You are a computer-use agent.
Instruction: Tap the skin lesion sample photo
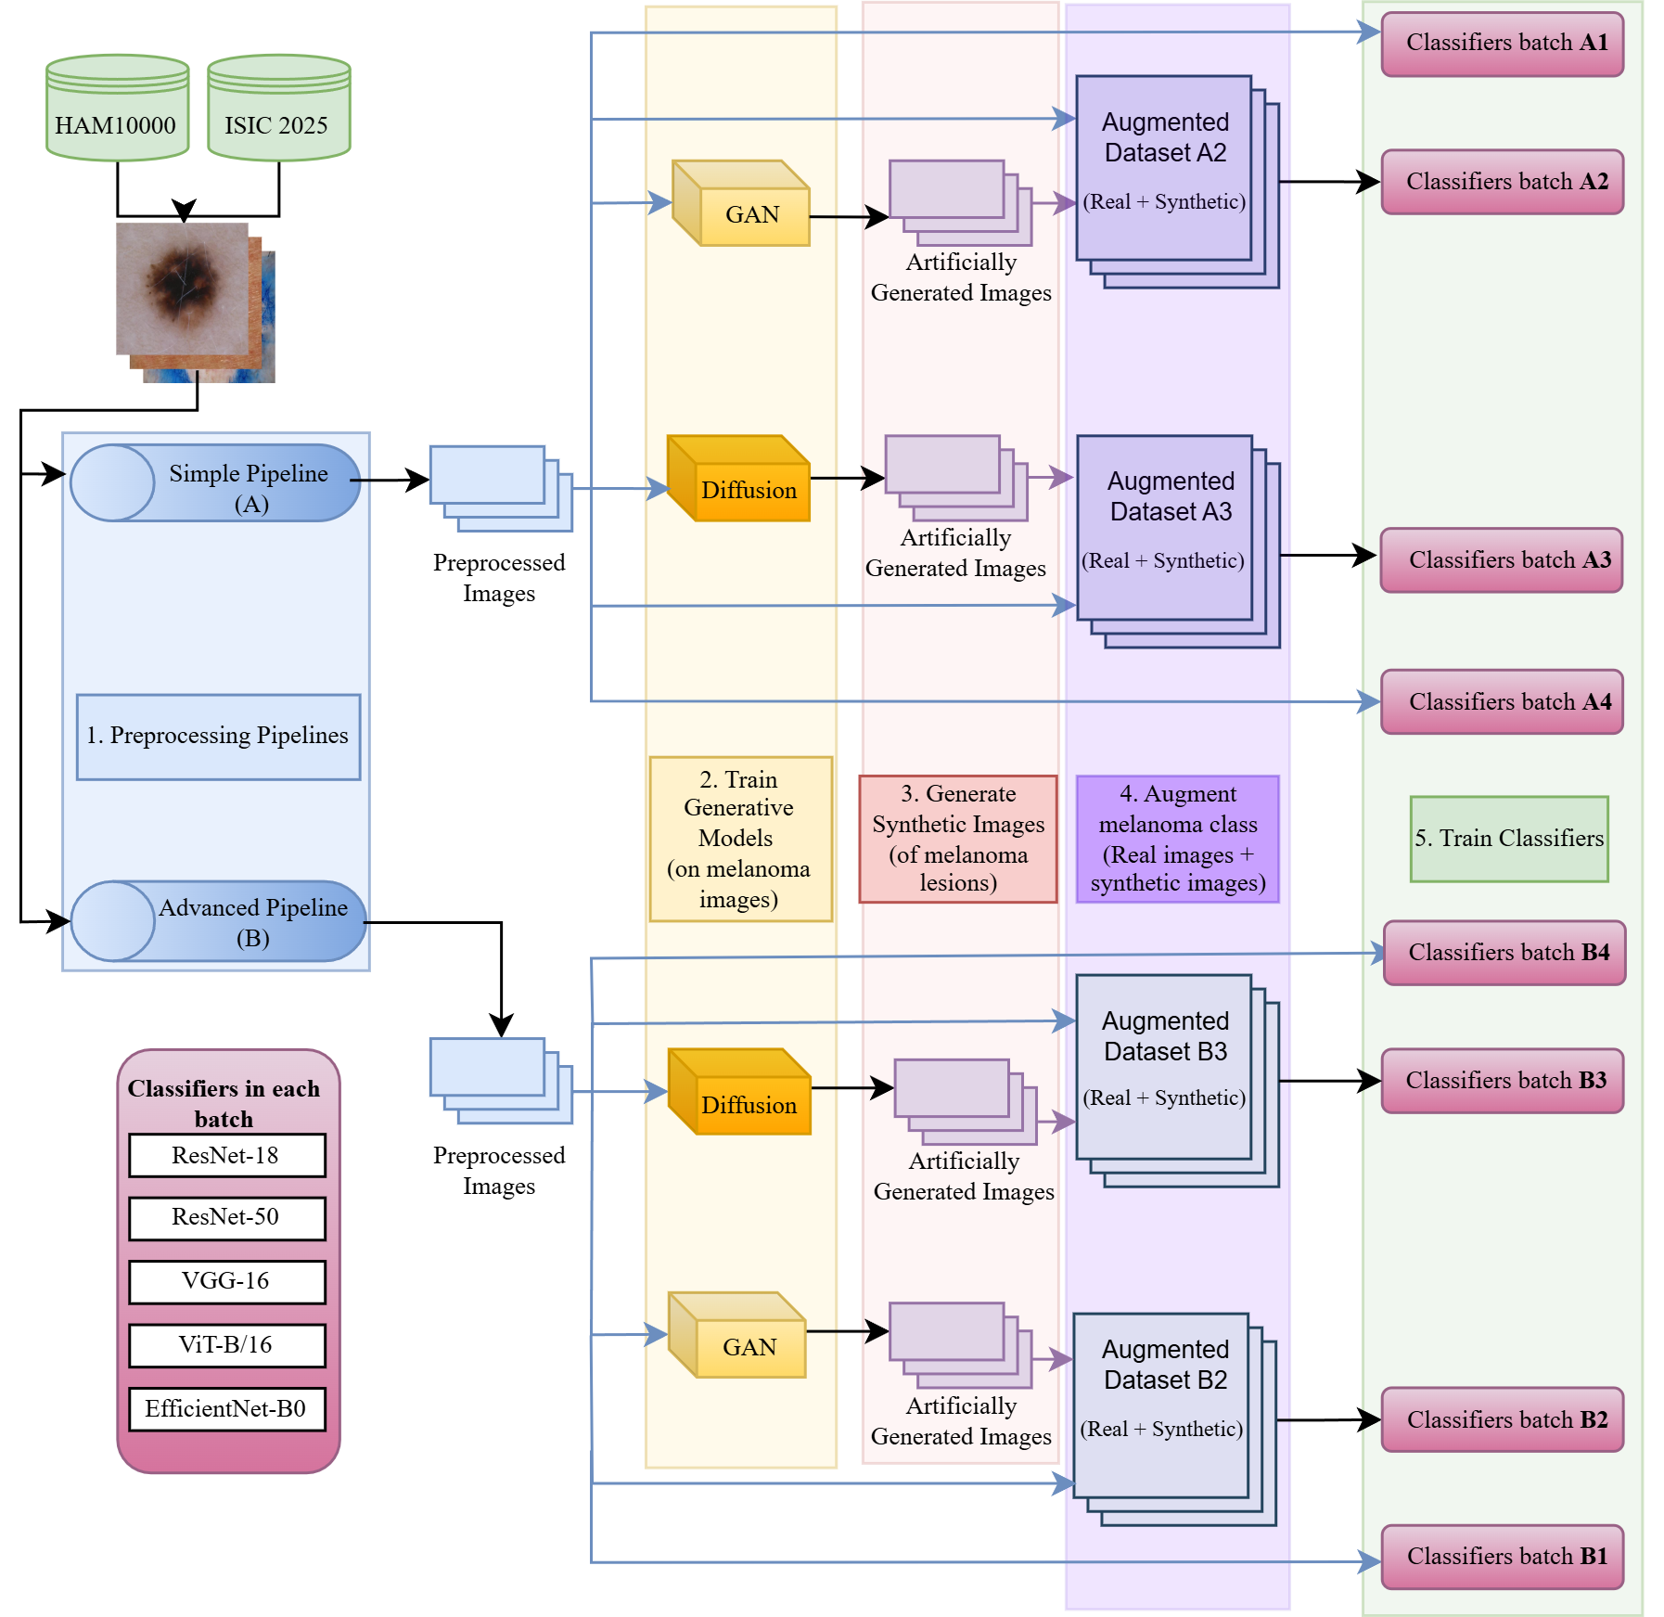pos(186,292)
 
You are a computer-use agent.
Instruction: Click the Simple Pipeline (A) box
pos(215,483)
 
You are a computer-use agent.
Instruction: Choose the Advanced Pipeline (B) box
pos(219,921)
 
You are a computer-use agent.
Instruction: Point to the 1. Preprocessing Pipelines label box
pos(219,737)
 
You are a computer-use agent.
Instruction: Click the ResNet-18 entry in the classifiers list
pos(227,1156)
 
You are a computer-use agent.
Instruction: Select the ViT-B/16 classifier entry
pos(227,1345)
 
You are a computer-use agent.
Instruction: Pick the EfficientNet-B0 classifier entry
pos(227,1409)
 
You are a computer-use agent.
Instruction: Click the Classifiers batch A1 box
pos(1503,44)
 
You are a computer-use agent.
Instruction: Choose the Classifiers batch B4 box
pos(1504,954)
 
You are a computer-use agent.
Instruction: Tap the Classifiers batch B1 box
pos(1503,1558)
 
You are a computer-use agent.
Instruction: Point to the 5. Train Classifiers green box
pos(1509,839)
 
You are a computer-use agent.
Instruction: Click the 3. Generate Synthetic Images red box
pos(958,839)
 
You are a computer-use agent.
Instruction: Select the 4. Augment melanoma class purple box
pos(1178,839)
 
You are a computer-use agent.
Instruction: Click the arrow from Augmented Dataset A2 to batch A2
pos(1326,183)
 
